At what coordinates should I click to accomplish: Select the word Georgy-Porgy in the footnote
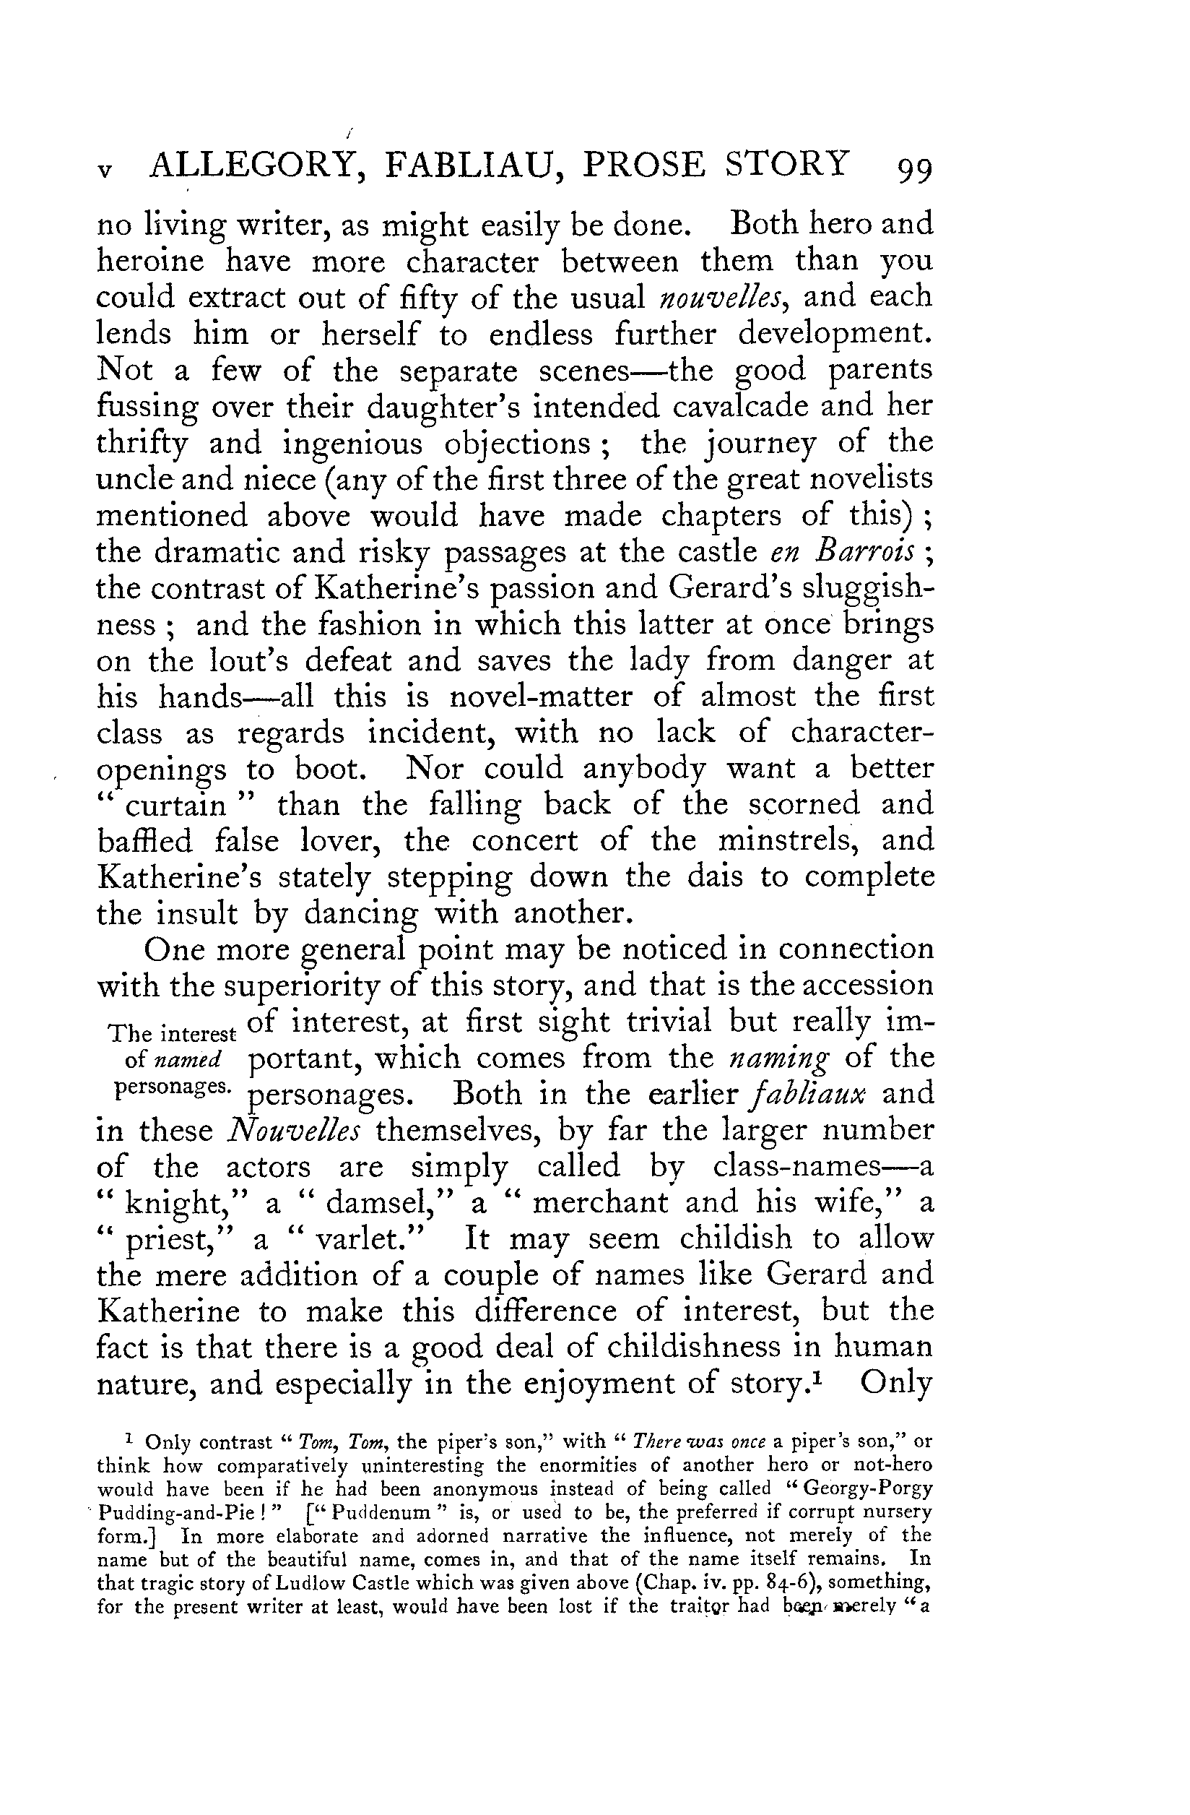863,1489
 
